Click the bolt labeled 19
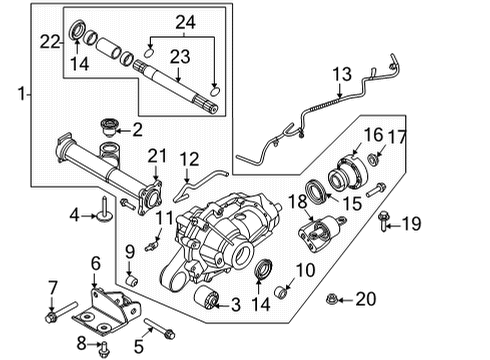385,225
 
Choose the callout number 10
305,271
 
